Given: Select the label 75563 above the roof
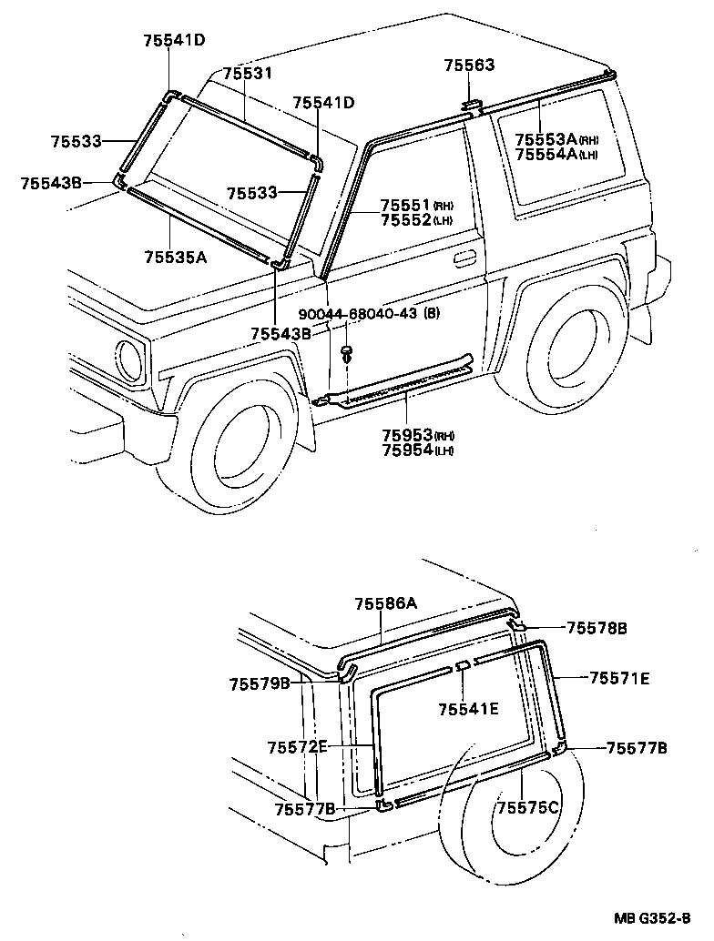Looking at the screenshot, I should click(469, 65).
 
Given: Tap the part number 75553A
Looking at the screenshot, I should click(546, 139).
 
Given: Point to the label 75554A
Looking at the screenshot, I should click(546, 155).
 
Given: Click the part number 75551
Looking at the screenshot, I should click(405, 205).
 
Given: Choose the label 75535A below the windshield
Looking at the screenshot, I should click(175, 258).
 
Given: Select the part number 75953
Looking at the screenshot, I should click(406, 435).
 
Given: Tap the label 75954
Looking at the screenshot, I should click(406, 450).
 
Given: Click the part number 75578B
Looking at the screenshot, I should click(597, 627).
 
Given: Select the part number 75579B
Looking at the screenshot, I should click(260, 683).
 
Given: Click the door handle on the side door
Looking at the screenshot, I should click(464, 259).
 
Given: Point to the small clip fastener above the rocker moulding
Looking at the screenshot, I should click(347, 351).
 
